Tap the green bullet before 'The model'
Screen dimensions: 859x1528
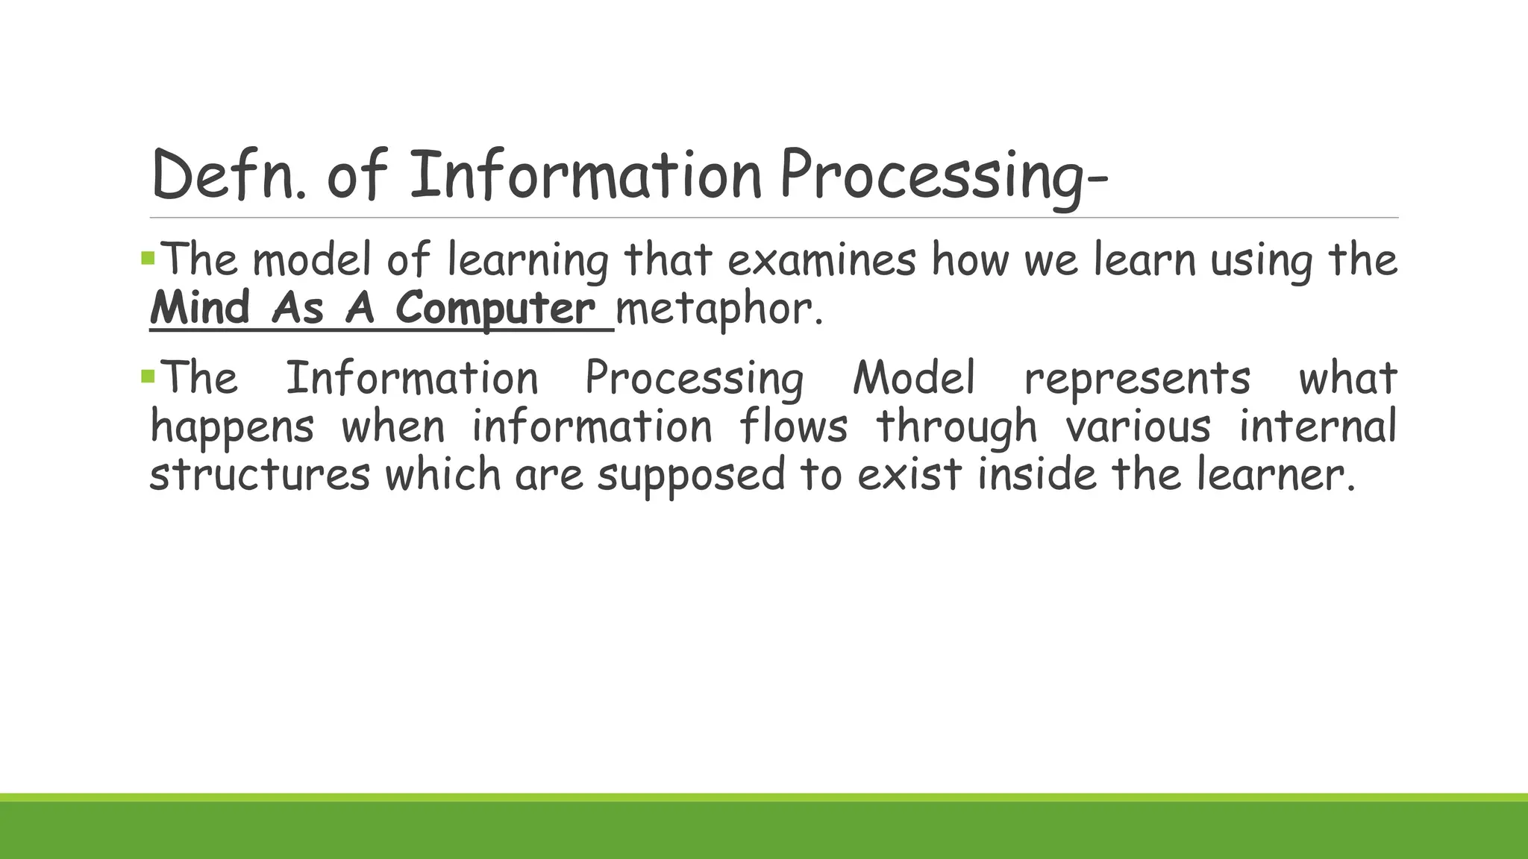147,259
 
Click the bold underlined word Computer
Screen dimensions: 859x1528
495,308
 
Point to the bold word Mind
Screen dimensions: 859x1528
200,308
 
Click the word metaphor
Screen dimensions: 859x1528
718,308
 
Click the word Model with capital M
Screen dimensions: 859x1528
914,377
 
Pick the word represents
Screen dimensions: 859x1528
1136,377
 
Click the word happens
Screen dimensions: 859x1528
232,427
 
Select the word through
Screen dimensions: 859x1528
956,427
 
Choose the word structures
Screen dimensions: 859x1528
260,474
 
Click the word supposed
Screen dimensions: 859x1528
691,476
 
